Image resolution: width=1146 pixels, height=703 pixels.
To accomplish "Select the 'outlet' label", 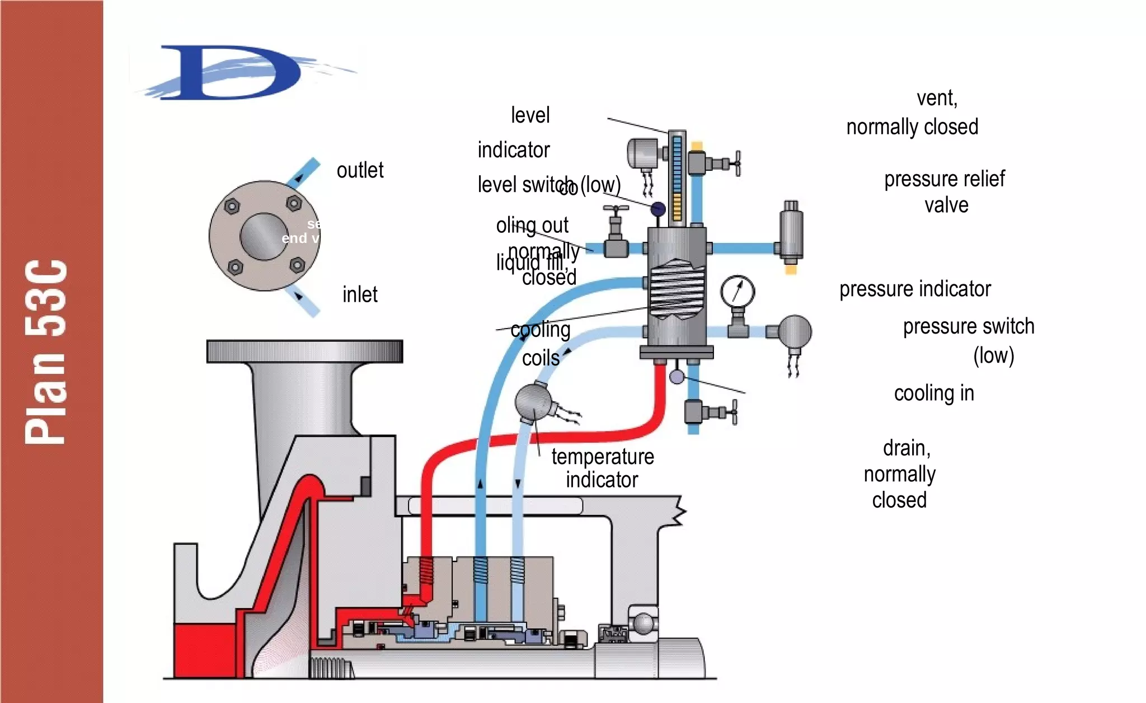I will (360, 170).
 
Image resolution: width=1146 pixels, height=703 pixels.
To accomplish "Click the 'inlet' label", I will (360, 294).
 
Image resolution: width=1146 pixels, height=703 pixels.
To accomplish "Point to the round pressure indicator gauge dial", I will (738, 292).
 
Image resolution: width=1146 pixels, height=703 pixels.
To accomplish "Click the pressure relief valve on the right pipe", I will (791, 235).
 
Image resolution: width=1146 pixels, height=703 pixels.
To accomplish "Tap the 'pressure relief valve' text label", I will (945, 192).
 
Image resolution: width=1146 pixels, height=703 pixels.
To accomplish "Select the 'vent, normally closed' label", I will (912, 113).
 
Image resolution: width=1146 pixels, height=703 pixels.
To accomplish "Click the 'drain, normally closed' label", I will (900, 474).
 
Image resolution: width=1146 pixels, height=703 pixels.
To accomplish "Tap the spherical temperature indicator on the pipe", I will (533, 401).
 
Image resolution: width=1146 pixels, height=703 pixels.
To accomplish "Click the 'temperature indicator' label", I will (602, 468).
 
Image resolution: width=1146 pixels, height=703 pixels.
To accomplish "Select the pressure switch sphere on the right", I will (795, 331).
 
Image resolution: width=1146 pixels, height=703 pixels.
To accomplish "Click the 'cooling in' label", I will (933, 393).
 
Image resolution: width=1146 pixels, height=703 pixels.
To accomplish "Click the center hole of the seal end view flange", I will (263, 236).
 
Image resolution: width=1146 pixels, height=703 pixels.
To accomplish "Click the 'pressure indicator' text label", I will (915, 289).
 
